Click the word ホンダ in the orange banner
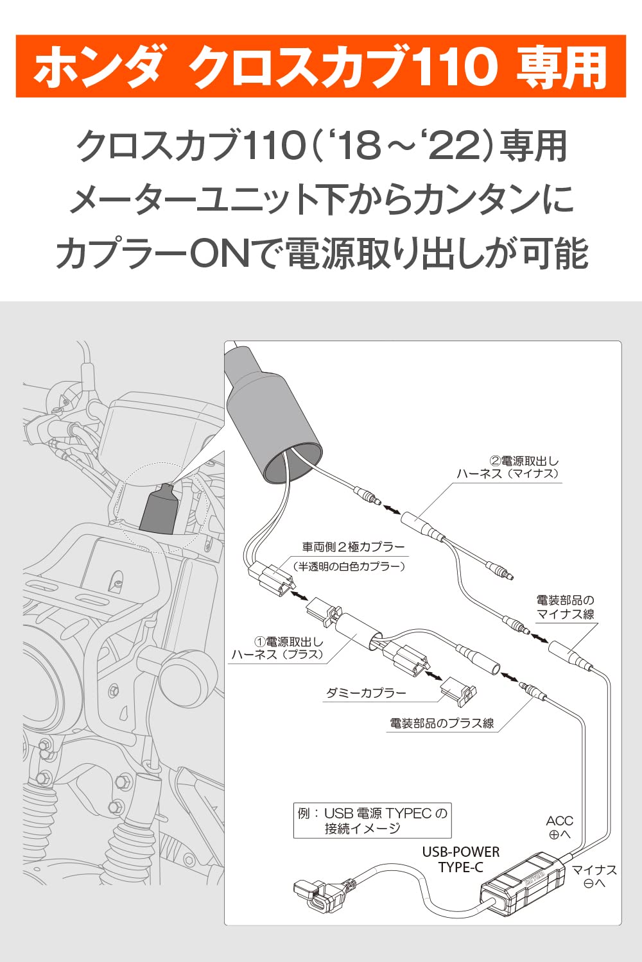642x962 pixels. [x=96, y=67]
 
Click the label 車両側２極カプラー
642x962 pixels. [x=353, y=547]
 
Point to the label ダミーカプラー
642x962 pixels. [x=366, y=693]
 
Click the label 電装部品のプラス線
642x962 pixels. [x=442, y=723]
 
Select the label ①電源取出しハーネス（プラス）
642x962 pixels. [x=277, y=648]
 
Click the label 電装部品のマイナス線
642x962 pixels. [x=565, y=607]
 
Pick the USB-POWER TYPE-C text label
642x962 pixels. [x=460, y=859]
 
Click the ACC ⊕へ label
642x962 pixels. [x=559, y=827]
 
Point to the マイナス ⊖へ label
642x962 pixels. [x=594, y=876]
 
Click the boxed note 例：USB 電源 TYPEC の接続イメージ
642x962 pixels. [x=372, y=820]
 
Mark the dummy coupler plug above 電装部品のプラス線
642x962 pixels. [x=458, y=691]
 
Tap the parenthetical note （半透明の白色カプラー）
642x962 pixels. [x=350, y=566]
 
